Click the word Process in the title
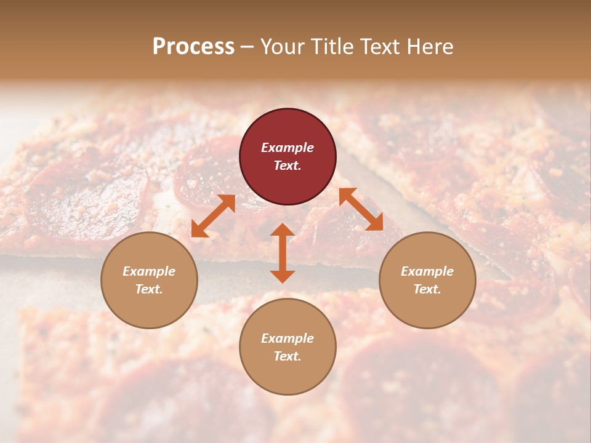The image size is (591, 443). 193,47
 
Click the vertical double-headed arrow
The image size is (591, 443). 283,253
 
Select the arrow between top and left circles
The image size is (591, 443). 213,215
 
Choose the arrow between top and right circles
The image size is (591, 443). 361,209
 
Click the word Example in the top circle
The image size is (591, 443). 287,148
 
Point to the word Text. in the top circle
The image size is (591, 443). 287,166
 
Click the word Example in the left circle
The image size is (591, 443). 149,271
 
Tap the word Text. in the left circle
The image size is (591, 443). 149,289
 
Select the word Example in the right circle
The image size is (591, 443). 427,271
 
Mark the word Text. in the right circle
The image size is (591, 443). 427,289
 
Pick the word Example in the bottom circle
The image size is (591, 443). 287,338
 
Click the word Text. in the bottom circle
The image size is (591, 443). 287,356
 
